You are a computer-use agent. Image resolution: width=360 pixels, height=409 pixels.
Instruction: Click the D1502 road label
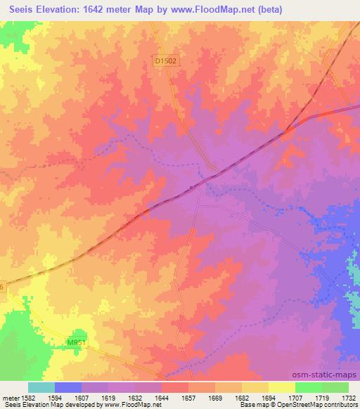point(166,62)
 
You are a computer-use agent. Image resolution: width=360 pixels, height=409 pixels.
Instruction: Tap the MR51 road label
point(77,342)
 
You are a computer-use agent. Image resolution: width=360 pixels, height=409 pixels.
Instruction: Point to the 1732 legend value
point(349,396)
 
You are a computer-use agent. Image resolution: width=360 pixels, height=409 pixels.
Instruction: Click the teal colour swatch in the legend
point(41,387)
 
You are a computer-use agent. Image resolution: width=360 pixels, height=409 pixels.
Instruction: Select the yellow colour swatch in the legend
point(282,387)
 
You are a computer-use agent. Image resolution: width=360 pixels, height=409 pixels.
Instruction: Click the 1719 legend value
point(322,396)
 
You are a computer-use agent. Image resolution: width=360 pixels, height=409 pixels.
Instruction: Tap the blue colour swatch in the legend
point(68,387)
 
